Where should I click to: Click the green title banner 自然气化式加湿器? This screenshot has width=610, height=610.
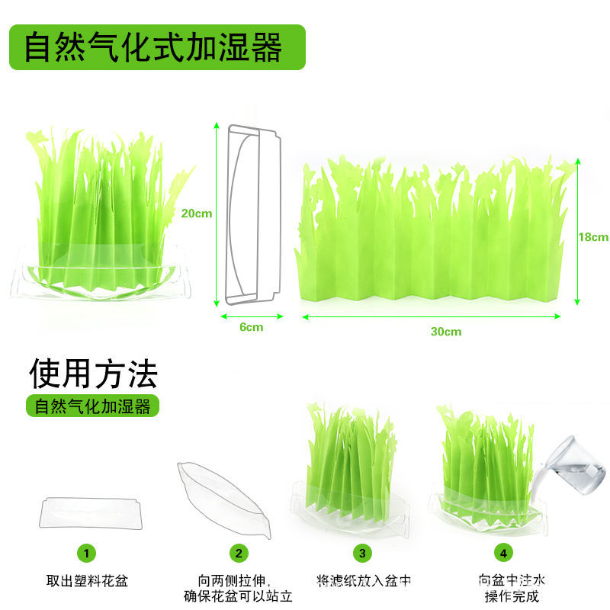tap(156, 47)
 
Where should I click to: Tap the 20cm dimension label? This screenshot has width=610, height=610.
tap(197, 213)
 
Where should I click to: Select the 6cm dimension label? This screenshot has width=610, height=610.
tap(252, 327)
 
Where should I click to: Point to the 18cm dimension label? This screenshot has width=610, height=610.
tap(592, 237)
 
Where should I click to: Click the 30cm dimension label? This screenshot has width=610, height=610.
tap(445, 332)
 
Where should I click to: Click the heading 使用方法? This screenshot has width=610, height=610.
tap(93, 374)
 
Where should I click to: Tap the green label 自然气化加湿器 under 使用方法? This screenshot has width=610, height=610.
tap(93, 406)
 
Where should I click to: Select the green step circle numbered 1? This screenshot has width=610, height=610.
tap(88, 553)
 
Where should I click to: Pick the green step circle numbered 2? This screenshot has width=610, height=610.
tap(239, 553)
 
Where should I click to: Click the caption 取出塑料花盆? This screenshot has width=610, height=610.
tap(88, 581)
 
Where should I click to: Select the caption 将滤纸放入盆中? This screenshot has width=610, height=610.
tap(364, 581)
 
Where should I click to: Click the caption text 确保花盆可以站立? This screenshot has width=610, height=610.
tap(239, 596)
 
